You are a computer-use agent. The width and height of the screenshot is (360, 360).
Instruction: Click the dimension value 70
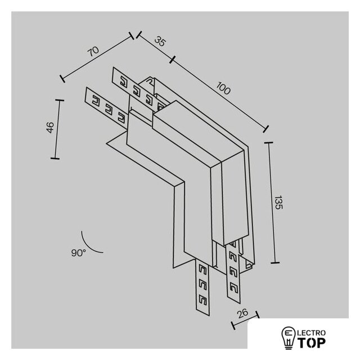94,51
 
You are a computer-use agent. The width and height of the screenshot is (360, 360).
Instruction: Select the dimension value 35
160,41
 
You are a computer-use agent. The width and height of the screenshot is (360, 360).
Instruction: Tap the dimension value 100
223,88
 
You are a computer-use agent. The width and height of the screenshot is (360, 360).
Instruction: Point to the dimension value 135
279,202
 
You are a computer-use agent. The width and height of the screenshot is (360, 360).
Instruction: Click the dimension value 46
50,128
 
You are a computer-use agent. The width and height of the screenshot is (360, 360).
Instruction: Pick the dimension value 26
242,313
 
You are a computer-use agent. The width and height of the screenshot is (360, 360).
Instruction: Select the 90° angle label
78,253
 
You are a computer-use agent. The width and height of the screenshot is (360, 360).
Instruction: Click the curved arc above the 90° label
88,246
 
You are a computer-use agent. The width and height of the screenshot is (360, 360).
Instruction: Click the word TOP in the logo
312,343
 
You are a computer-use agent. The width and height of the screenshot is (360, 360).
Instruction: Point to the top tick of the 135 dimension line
269,142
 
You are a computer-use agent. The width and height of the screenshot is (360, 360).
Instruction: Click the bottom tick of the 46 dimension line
55,159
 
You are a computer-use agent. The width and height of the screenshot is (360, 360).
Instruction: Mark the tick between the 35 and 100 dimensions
173,59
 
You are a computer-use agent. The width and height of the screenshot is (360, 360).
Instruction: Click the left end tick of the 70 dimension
62,79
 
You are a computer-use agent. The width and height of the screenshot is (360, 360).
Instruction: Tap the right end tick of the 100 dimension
266,129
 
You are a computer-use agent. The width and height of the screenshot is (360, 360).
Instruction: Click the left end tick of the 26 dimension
233,325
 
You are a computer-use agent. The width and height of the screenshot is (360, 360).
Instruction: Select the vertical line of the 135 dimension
272,202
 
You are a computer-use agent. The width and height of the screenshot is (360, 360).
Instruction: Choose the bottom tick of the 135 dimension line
275,263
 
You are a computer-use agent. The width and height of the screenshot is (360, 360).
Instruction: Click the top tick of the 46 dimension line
60,100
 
